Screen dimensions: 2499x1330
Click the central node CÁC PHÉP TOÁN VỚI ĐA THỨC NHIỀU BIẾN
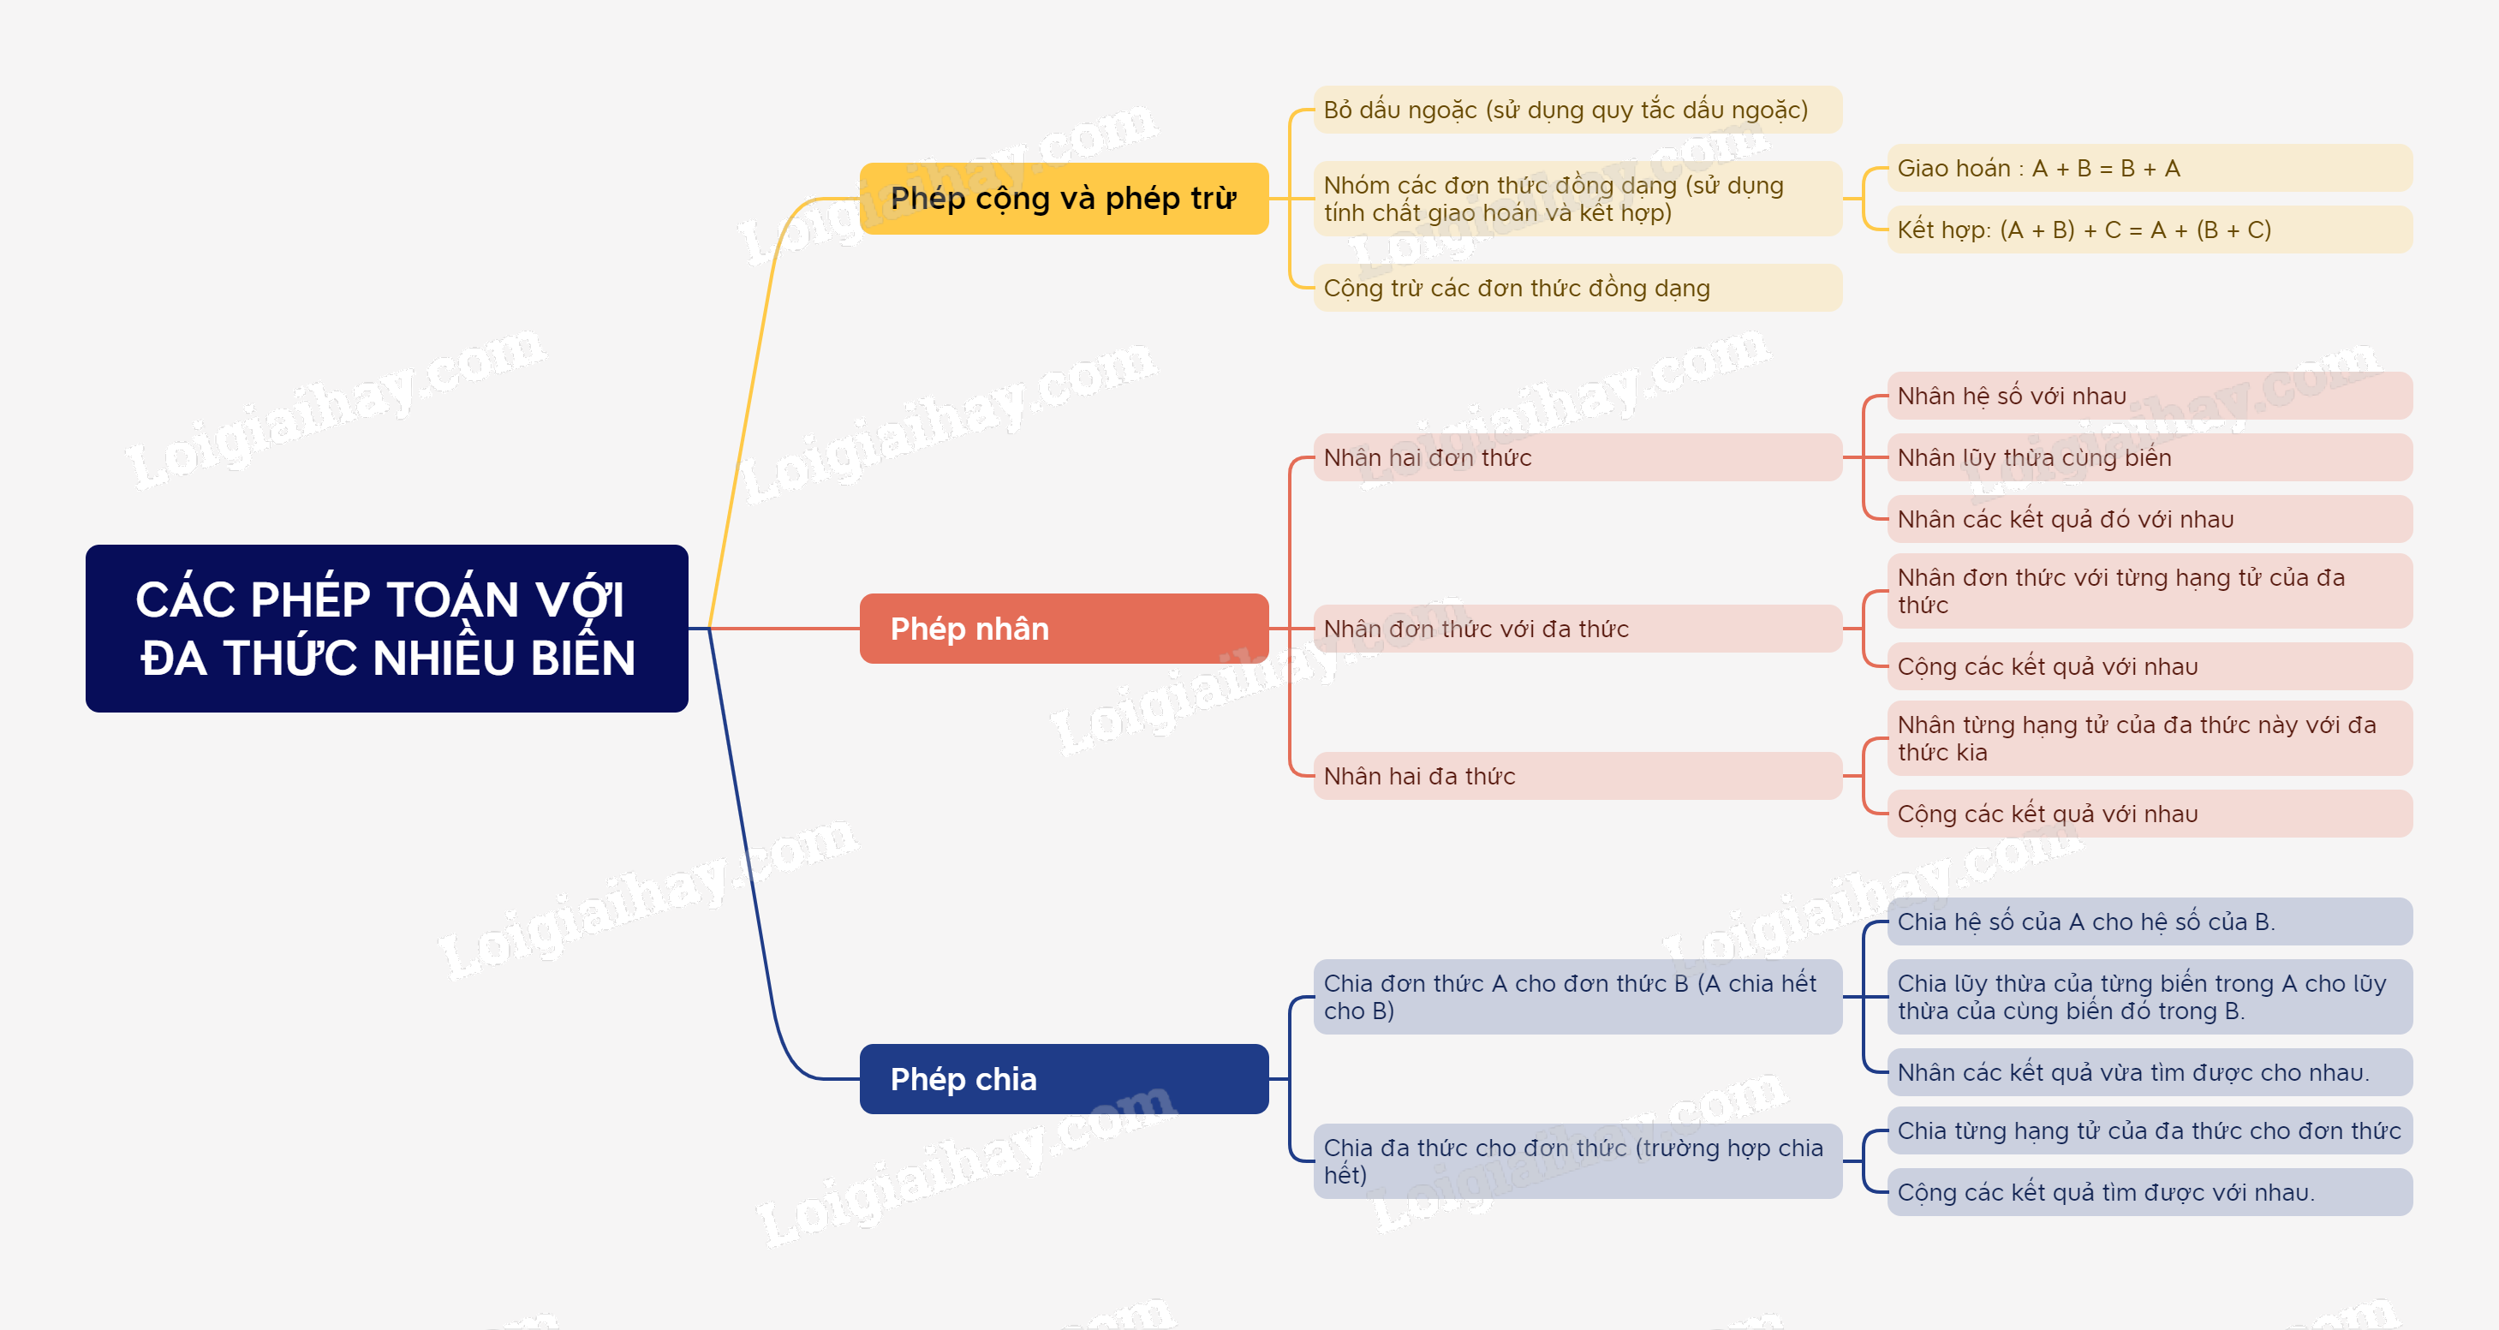(x=386, y=628)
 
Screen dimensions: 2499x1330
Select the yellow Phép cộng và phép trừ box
(x=1064, y=198)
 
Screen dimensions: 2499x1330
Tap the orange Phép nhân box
(x=1064, y=629)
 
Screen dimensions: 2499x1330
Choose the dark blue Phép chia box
(x=1064, y=1079)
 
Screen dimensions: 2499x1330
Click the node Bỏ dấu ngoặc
(x=1578, y=110)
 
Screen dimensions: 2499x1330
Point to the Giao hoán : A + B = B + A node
(x=2150, y=168)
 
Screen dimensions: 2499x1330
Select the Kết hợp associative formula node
(x=2150, y=230)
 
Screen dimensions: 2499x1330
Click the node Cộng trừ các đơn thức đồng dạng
(x=1578, y=288)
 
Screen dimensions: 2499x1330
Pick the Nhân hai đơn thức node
(x=1578, y=457)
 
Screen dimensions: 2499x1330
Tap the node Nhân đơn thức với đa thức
(x=1578, y=629)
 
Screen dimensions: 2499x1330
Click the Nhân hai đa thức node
(x=1578, y=776)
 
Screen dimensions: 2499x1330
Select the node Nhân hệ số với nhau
(x=2150, y=396)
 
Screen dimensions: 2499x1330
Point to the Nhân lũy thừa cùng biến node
(x=2150, y=457)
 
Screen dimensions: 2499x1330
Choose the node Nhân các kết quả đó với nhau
(x=2150, y=519)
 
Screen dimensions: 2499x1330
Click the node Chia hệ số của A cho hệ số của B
(x=2150, y=921)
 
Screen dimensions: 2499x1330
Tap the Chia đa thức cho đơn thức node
(x=1578, y=1161)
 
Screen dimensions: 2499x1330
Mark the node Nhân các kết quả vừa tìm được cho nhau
(x=2150, y=1072)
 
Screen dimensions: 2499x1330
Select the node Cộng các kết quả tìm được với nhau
(x=2150, y=1192)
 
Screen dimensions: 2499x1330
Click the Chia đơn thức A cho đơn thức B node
(x=1578, y=996)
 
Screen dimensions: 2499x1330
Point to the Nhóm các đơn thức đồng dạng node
(x=1578, y=199)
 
